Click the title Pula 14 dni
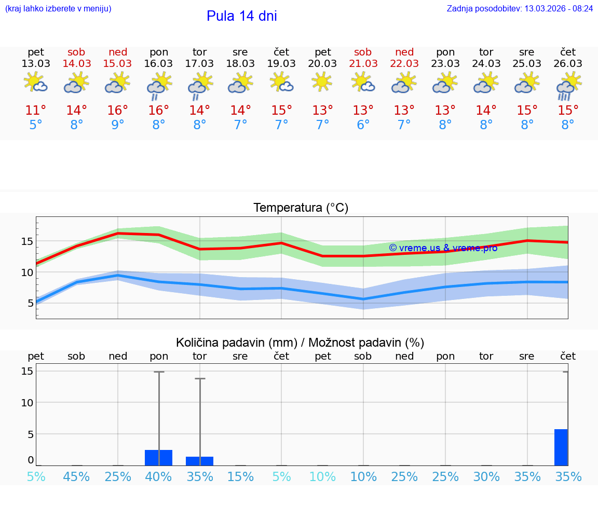pos(241,16)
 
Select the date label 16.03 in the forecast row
pos(158,63)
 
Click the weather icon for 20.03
pos(322,81)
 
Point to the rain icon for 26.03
pos(568,86)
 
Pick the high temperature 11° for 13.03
pos(36,111)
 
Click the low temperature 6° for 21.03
pos(363,125)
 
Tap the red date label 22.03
pos(404,63)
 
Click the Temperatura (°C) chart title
pos(301,208)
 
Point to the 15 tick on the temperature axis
pos(28,241)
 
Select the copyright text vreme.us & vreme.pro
pos(443,248)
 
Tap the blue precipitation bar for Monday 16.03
pos(158,458)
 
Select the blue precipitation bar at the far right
pos(561,447)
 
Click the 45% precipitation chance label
pos(76,476)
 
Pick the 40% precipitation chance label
pos(158,476)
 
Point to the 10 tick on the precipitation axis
pos(28,403)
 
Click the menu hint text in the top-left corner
pos(58,9)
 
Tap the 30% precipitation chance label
pos(486,476)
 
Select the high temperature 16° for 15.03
pos(118,111)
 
